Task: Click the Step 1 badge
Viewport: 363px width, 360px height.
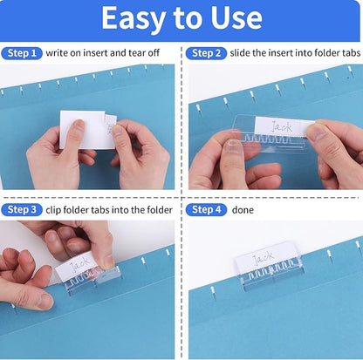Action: point(22,53)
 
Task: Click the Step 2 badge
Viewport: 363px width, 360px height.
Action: point(207,53)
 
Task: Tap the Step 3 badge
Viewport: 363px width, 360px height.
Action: point(22,209)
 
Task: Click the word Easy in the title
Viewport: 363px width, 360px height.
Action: point(132,17)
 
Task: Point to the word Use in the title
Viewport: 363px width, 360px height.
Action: point(236,17)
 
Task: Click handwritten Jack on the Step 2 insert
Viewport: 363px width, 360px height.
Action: point(279,126)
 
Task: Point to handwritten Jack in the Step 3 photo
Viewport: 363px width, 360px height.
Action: point(80,261)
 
